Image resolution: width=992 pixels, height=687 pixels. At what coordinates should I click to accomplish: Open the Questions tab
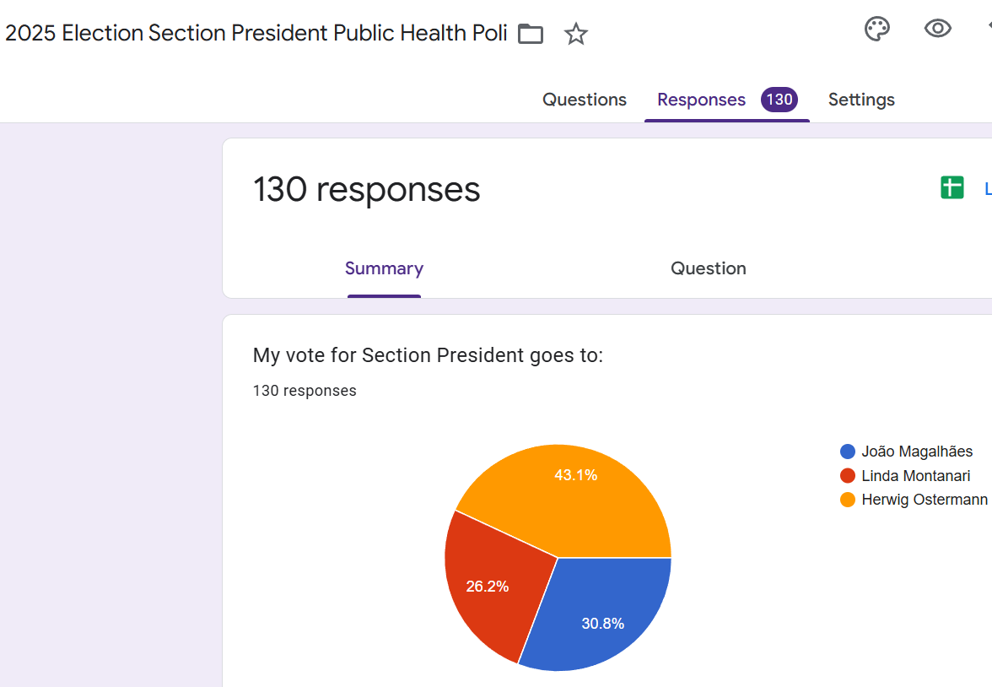click(x=584, y=100)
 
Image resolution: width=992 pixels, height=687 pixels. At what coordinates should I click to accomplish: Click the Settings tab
click(x=861, y=100)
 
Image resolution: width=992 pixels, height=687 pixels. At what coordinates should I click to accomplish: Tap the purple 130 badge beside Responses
click(x=779, y=100)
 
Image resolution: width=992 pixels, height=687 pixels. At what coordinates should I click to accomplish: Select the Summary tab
click(x=384, y=268)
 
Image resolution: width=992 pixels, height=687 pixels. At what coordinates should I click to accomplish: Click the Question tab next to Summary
click(x=708, y=268)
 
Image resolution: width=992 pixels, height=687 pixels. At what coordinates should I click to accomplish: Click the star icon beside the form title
click(x=576, y=35)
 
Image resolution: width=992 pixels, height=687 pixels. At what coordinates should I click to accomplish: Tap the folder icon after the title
click(x=531, y=35)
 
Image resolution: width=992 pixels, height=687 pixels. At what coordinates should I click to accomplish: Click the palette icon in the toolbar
click(x=877, y=30)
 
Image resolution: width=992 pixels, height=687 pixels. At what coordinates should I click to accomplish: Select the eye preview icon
click(x=937, y=30)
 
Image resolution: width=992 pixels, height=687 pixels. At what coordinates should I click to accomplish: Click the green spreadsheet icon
click(x=952, y=187)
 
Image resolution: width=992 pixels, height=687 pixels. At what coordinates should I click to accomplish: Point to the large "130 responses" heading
click(x=366, y=189)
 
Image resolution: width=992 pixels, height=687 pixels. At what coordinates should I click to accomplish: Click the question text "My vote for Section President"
click(x=428, y=355)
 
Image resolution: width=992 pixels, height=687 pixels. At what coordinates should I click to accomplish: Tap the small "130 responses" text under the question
click(x=305, y=391)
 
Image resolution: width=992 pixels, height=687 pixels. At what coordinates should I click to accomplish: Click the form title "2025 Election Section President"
click(x=256, y=34)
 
